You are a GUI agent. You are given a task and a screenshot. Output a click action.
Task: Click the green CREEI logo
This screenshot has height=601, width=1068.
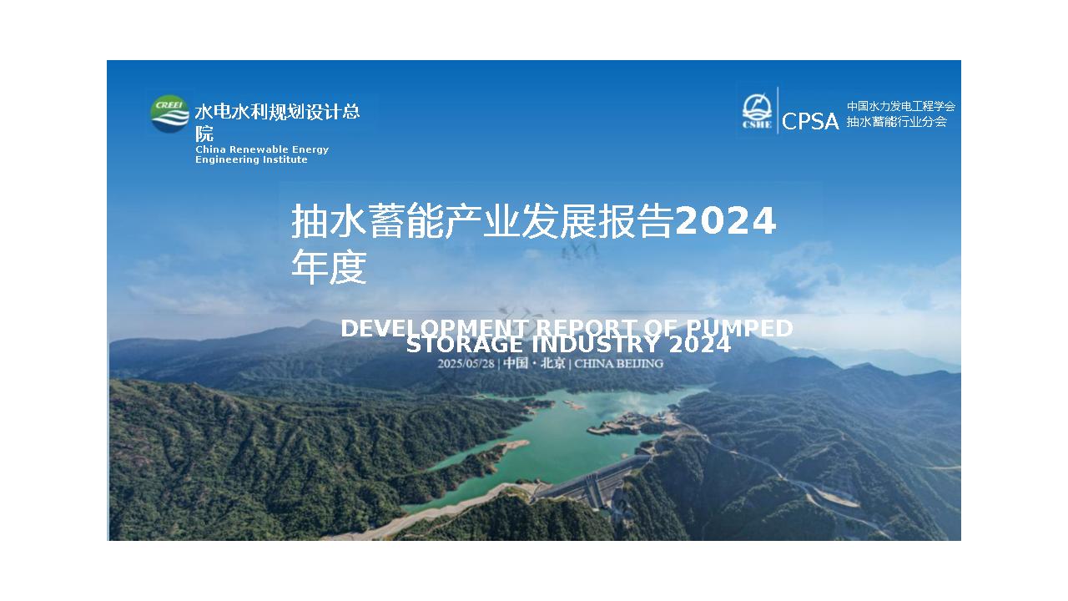click(x=169, y=114)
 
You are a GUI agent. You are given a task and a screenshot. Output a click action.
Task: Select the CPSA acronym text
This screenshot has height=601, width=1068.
click(x=810, y=122)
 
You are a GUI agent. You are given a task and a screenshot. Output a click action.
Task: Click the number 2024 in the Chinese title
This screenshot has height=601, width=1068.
click(x=725, y=222)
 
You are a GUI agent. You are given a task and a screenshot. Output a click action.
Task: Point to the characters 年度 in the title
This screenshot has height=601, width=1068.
click(x=329, y=268)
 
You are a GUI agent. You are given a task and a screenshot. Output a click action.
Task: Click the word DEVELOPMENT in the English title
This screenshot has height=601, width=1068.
click(x=433, y=329)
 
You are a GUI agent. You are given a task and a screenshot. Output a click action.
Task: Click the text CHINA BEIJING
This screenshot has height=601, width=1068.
click(x=619, y=363)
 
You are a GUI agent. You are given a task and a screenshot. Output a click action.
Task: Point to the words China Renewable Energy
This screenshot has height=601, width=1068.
click(x=262, y=149)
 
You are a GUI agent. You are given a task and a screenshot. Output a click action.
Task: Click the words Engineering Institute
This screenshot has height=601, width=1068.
click(x=251, y=159)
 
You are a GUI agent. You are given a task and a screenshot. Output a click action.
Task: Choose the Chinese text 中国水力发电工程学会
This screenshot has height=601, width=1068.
click(x=900, y=107)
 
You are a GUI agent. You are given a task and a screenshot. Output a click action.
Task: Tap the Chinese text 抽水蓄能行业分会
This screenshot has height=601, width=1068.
click(x=896, y=122)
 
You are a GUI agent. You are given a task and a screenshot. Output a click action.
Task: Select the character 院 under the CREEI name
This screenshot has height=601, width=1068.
click(x=204, y=134)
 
